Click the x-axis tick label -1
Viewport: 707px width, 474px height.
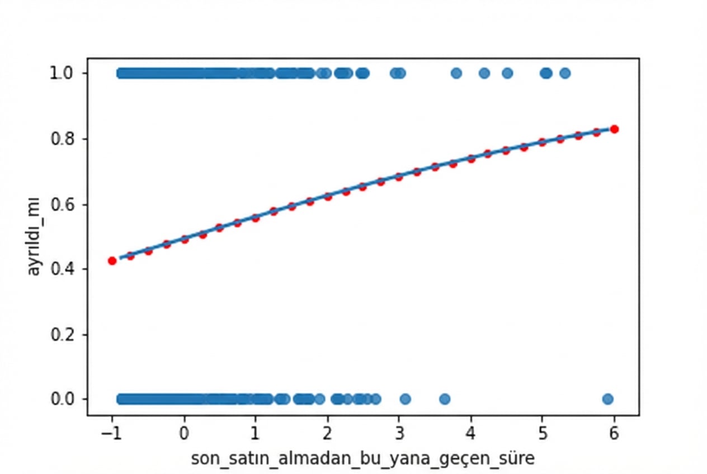point(111,433)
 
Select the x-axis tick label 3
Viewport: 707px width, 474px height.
point(399,433)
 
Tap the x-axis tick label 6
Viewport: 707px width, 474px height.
point(614,433)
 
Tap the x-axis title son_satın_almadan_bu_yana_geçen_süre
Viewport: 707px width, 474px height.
point(362,459)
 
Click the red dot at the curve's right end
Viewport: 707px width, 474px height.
point(614,129)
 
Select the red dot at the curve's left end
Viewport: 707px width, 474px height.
point(112,260)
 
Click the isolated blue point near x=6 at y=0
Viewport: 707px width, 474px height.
point(607,399)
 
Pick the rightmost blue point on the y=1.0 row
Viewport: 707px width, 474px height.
point(565,73)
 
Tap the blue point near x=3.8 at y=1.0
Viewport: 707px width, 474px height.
point(456,73)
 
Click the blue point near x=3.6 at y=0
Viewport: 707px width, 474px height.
point(445,399)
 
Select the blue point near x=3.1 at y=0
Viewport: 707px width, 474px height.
point(406,399)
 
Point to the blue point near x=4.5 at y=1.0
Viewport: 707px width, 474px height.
point(507,73)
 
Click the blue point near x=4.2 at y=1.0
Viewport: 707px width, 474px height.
point(484,73)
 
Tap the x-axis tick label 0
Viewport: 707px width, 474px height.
point(184,433)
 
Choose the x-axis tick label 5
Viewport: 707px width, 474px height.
point(542,433)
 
